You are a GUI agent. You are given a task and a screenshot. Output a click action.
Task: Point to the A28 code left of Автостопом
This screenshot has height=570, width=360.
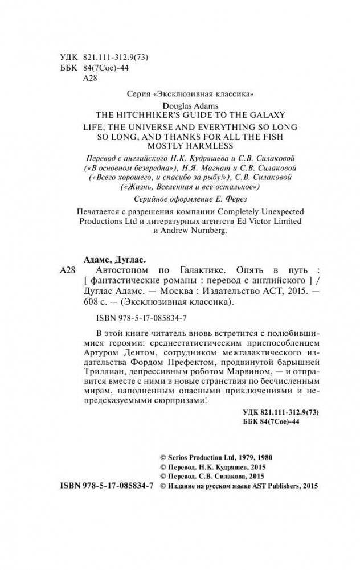tap(68, 269)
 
